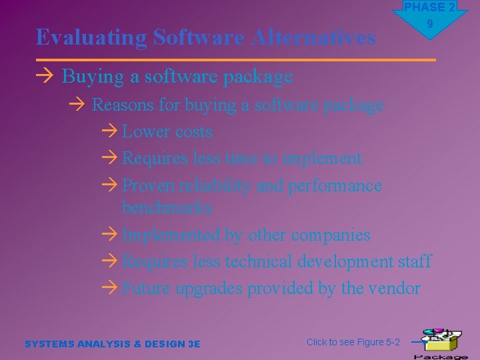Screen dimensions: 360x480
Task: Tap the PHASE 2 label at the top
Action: pyautogui.click(x=429, y=7)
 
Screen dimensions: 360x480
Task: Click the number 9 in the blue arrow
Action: pyautogui.click(x=430, y=25)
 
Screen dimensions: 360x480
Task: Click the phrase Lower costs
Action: pyautogui.click(x=167, y=132)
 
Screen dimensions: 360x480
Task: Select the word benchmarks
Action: pyautogui.click(x=167, y=207)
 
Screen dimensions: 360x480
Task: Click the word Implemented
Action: pyautogui.click(x=171, y=235)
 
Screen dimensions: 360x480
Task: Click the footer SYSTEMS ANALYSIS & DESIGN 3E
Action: pyautogui.click(x=112, y=344)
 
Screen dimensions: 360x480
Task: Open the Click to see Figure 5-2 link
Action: pyautogui.click(x=353, y=342)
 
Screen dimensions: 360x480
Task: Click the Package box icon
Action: pyautogui.click(x=439, y=341)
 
